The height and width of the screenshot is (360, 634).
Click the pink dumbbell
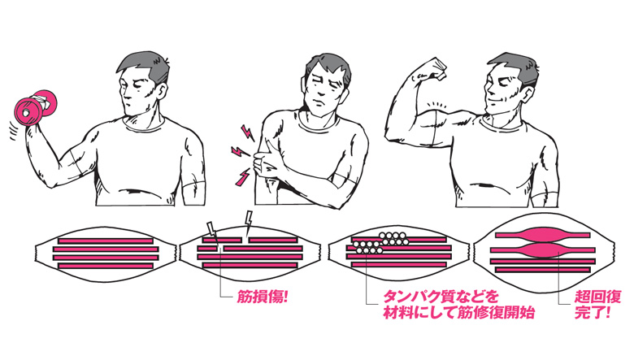pos(35,107)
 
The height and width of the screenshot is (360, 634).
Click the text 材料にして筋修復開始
pos(459,312)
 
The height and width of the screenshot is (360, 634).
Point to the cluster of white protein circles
pos(380,242)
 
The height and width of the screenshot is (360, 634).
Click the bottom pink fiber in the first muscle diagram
pos(106,266)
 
